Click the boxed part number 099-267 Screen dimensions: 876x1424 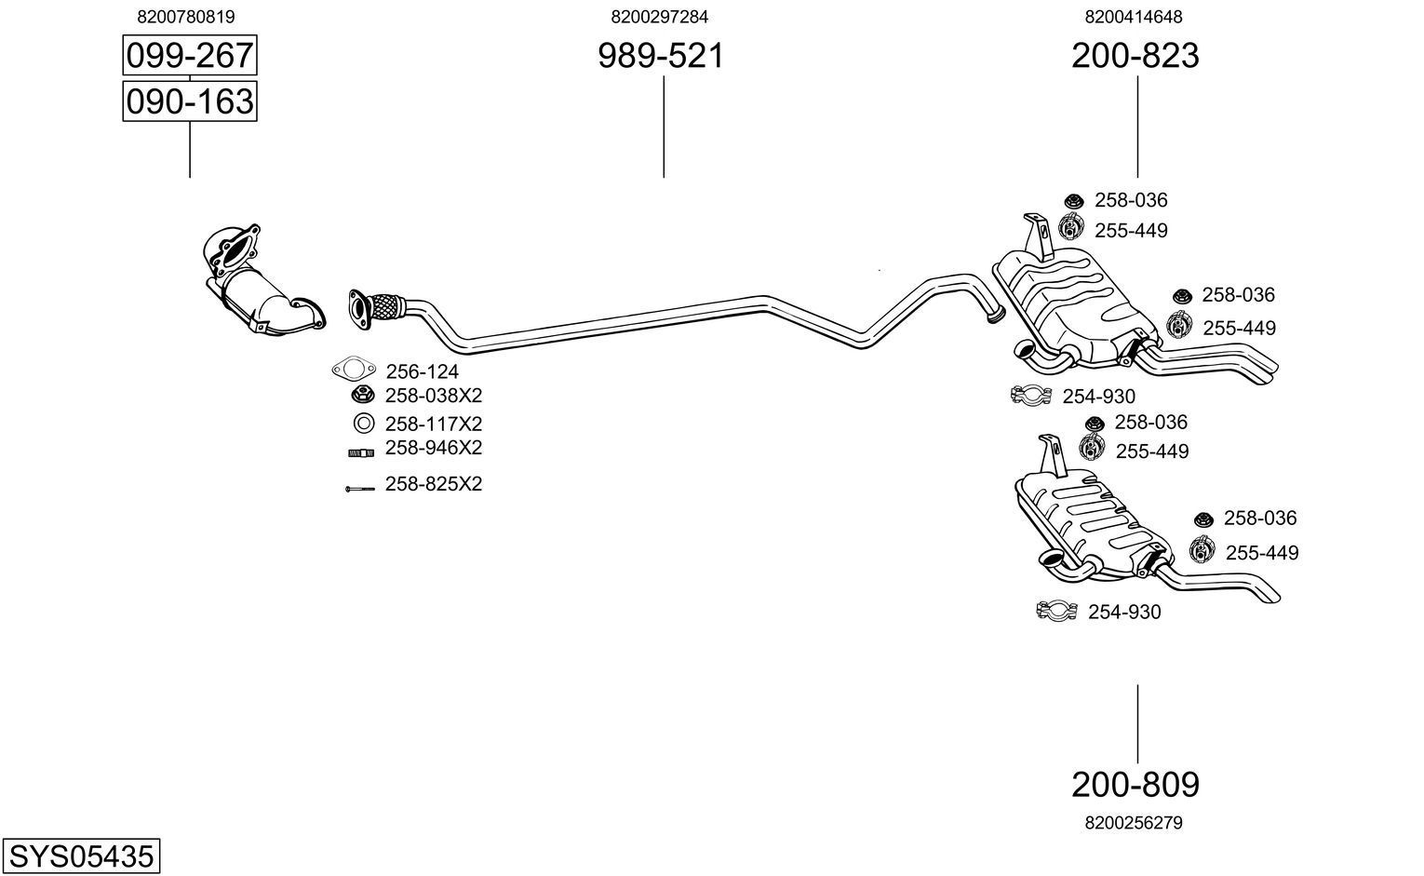[x=189, y=56]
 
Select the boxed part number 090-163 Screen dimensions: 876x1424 [x=189, y=101]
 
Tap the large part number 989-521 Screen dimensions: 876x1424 [x=660, y=57]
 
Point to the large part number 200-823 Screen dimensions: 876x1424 [x=1135, y=57]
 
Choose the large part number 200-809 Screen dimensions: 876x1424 [x=1135, y=785]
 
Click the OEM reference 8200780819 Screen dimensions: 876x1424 [x=185, y=17]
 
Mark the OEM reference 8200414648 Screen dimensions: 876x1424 [x=1134, y=17]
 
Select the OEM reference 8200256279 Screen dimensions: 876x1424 [x=1134, y=823]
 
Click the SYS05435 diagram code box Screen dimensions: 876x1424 [x=80, y=856]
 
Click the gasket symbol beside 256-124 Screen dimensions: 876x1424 [x=351, y=371]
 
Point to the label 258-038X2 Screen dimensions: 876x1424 [x=434, y=396]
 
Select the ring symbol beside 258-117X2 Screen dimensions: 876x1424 [x=363, y=424]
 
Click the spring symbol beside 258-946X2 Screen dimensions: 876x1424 [x=361, y=452]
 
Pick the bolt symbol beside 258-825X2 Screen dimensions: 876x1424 [x=359, y=488]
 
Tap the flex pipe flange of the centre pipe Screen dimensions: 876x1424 [x=358, y=308]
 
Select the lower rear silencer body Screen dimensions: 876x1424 [x=1089, y=521]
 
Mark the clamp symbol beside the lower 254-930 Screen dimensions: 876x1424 [x=1056, y=612]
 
